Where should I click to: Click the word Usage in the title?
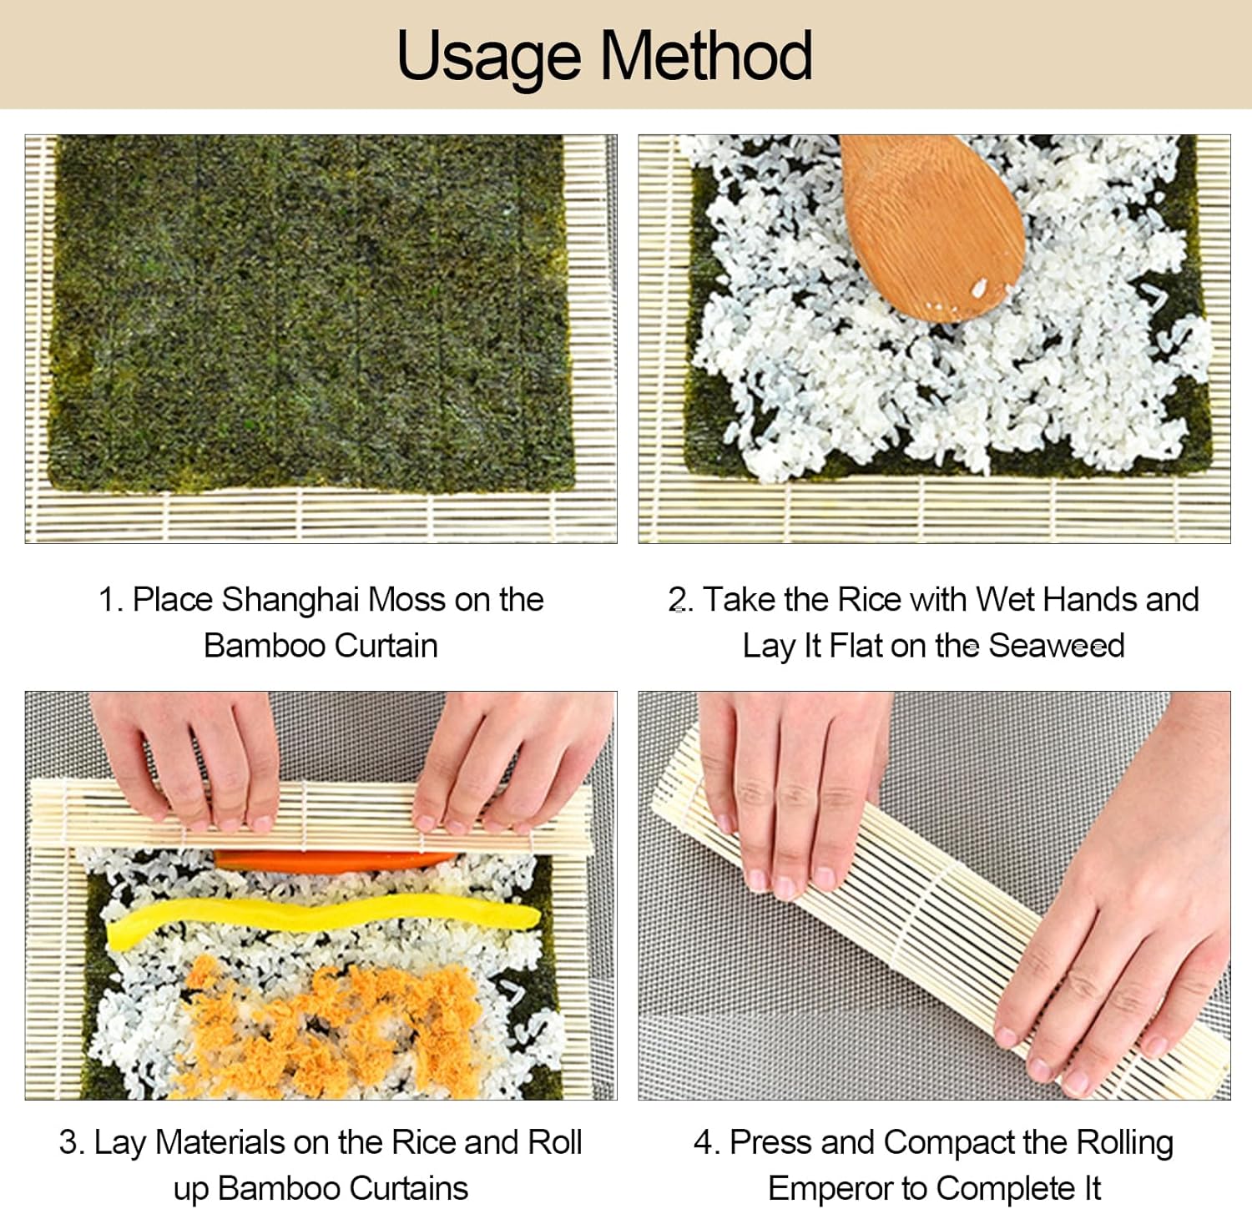pyautogui.click(x=488, y=56)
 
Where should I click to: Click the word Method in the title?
pyautogui.click(x=706, y=56)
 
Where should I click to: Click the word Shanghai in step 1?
pyautogui.click(x=290, y=600)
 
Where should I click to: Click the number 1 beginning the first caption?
pyautogui.click(x=107, y=600)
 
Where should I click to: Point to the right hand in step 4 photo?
pyautogui.click(x=1118, y=960)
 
